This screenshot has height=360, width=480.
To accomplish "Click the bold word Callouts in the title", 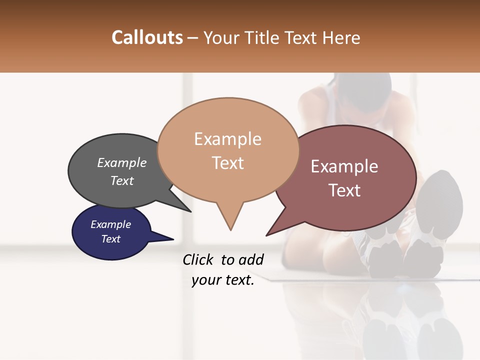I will coord(147,37).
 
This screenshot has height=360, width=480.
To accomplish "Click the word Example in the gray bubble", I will coord(122,162).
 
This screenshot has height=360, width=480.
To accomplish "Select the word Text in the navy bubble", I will coord(111,239).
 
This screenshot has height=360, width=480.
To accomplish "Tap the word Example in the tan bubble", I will coord(227,139).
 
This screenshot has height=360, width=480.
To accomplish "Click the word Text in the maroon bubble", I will coord(344,190).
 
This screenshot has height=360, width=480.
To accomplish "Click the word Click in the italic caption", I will coord(199,259).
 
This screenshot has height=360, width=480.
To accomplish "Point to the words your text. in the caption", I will coord(223,280).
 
